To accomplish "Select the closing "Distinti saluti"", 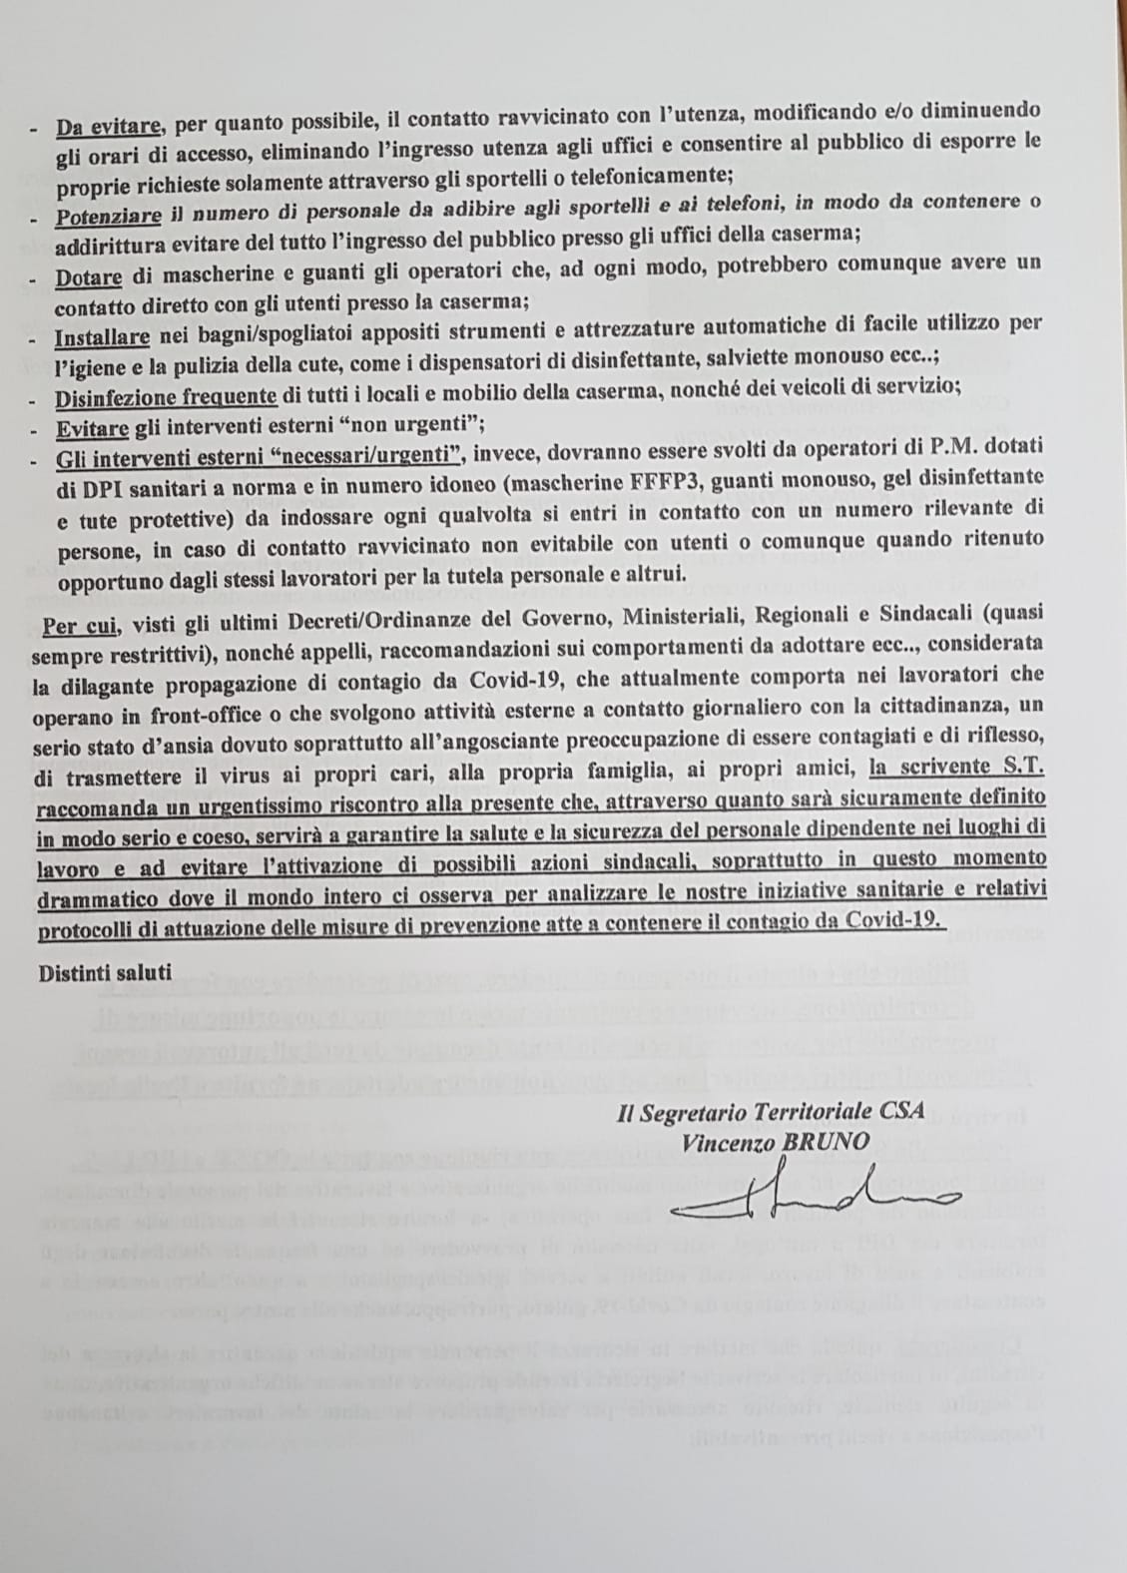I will (106, 972).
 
